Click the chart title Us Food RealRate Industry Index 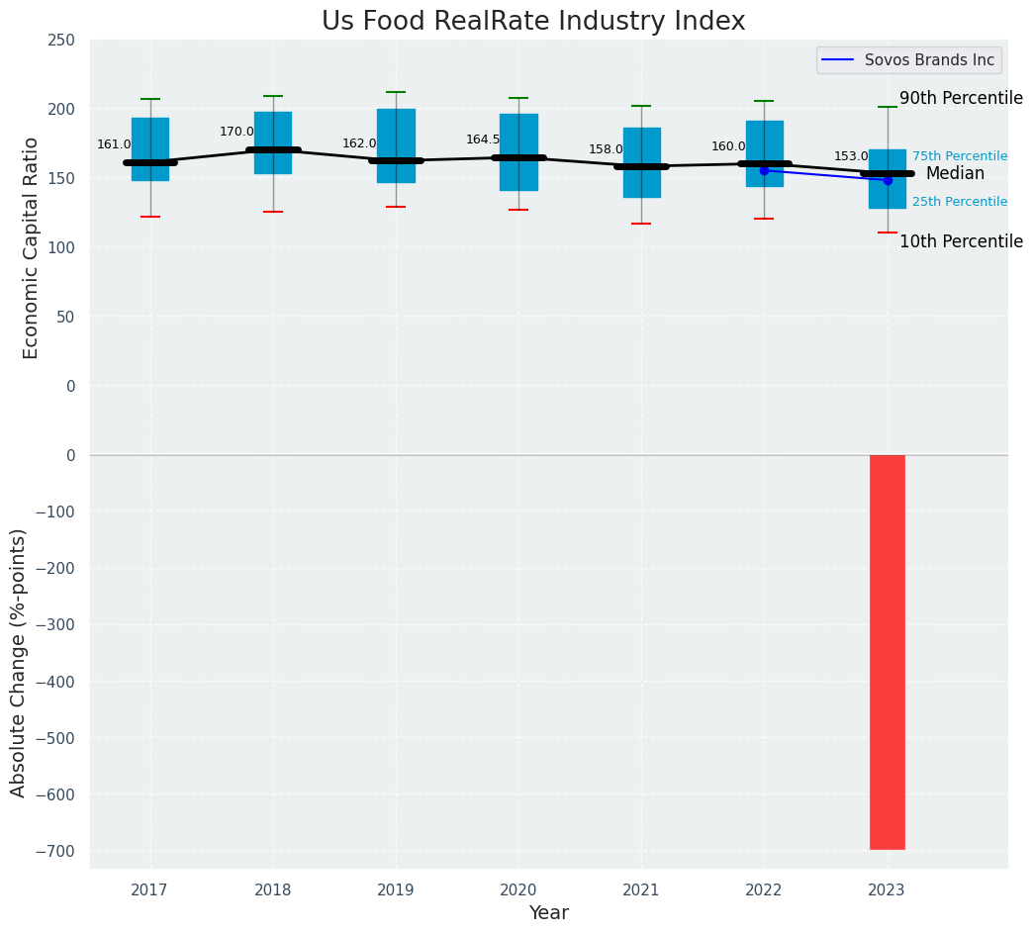(533, 22)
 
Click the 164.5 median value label (483, 140)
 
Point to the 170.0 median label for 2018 (236, 132)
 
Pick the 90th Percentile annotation (961, 99)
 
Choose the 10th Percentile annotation (961, 242)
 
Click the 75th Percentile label (960, 156)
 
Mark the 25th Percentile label (960, 202)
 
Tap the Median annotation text (955, 174)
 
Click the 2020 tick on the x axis (518, 890)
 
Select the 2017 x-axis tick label (150, 890)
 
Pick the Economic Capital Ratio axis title (32, 247)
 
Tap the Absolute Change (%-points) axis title (19, 662)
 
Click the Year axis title (548, 913)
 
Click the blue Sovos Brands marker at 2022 (764, 171)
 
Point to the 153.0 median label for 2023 (851, 156)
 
